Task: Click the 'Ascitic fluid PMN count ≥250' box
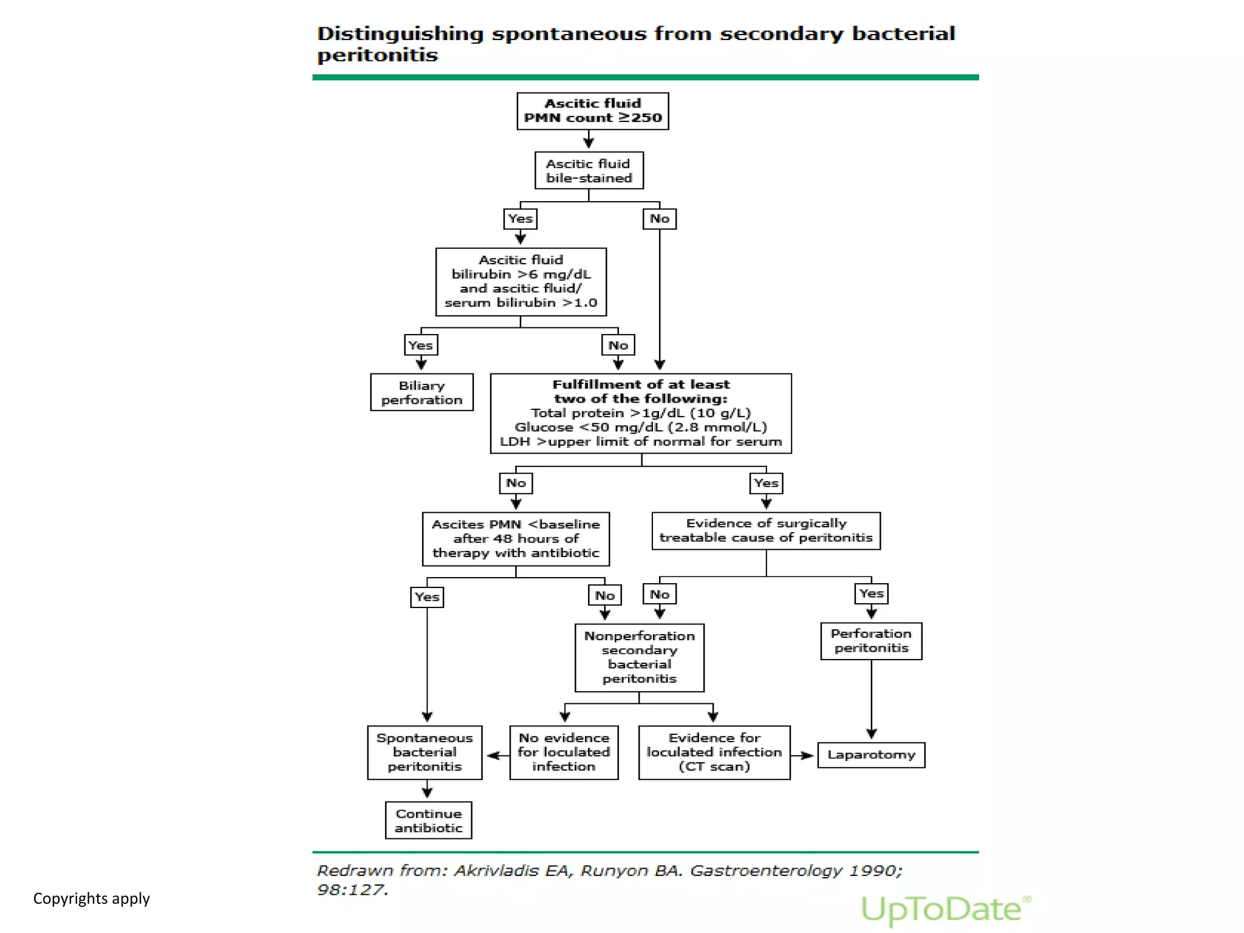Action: tap(592, 111)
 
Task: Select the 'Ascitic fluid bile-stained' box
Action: tap(589, 171)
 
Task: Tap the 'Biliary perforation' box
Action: tap(422, 392)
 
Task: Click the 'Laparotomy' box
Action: tap(871, 755)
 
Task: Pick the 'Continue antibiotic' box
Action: tap(428, 821)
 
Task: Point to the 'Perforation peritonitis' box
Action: tap(871, 641)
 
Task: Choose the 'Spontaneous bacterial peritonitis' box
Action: tap(425, 752)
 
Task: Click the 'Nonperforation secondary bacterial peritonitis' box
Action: tap(639, 657)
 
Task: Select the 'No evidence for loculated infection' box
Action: tap(564, 752)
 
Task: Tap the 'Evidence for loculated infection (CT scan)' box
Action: tap(714, 752)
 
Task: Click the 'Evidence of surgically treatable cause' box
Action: tap(766, 531)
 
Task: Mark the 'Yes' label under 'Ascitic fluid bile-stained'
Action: tap(521, 219)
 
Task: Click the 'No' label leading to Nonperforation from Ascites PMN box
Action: tap(605, 595)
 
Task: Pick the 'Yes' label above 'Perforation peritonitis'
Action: tap(872, 593)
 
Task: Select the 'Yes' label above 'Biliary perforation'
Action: tap(420, 345)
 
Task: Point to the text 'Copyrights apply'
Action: tap(91, 898)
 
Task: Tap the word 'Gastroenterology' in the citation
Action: tap(765, 871)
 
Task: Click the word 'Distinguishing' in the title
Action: tap(400, 33)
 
